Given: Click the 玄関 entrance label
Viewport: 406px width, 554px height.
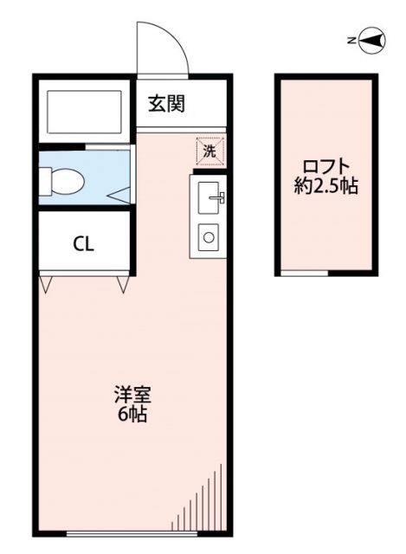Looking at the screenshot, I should point(166,105).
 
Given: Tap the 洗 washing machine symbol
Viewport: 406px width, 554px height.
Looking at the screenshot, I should point(209,149).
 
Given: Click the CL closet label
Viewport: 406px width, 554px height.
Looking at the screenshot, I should point(82,243).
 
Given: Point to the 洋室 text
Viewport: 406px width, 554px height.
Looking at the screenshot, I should point(132,396).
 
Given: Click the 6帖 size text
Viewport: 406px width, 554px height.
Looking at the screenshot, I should point(132,415).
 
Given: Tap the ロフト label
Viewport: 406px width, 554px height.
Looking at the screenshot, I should point(325,165).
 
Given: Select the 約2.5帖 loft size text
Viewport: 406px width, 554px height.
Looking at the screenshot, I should point(325,185).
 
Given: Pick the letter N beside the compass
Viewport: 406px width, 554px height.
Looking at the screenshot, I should point(349,40).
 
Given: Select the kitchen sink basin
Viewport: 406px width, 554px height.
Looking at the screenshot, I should point(209,198).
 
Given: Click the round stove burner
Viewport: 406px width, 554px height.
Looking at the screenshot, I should point(209,235).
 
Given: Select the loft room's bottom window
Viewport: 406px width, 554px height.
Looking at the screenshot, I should point(305,274).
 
